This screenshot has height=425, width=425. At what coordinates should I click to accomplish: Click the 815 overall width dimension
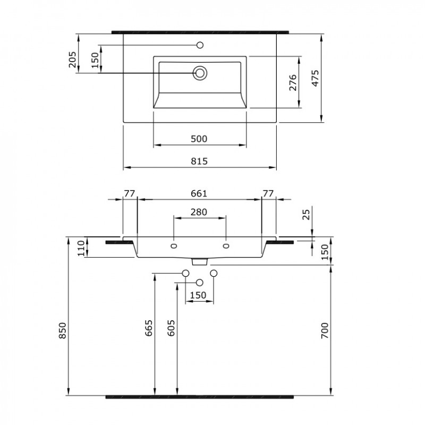click(x=199, y=161)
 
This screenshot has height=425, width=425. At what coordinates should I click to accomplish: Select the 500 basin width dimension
click(x=199, y=139)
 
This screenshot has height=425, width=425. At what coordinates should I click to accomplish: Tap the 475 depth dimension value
click(x=315, y=78)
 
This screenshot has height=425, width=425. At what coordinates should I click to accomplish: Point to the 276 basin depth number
click(x=293, y=82)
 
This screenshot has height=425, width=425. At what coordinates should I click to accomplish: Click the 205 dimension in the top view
click(x=72, y=59)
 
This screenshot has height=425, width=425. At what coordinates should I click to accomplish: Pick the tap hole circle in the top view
click(x=200, y=45)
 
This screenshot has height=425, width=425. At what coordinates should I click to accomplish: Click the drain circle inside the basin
click(x=200, y=73)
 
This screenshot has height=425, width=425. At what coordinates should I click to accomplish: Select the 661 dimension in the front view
click(x=199, y=193)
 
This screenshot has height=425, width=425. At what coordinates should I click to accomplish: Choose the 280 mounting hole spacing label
click(x=199, y=212)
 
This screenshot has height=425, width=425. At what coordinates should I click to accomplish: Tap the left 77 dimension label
click(x=130, y=193)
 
